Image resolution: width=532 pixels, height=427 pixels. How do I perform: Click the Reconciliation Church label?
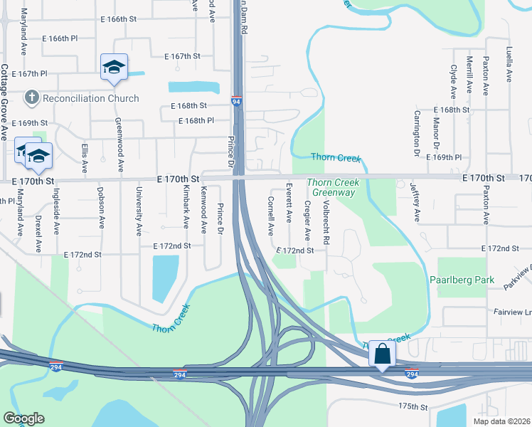pos(90,98)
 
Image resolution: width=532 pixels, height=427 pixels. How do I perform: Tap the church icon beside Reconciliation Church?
pos(31,97)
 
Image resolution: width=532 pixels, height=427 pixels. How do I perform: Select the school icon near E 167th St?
pos(114,68)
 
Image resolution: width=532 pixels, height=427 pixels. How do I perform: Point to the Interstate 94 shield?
pos(236,102)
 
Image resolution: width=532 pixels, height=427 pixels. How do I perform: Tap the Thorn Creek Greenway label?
pos(333,188)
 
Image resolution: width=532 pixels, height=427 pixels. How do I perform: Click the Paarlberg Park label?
pos(462,280)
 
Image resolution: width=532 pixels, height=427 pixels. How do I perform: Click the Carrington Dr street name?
pos(417,133)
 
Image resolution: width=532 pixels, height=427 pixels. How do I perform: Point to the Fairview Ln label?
pos(514,312)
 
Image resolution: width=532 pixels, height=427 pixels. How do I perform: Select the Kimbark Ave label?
pos(186,208)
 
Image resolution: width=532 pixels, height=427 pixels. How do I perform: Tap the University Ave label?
pos(139,211)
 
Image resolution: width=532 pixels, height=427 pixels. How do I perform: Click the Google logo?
pos(23,418)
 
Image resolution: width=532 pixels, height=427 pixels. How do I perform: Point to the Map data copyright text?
pos(501,421)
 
